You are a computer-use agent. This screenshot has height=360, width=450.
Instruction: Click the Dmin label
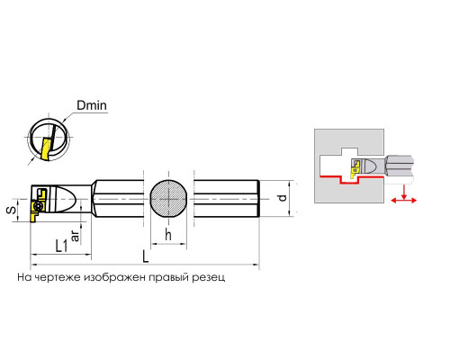point(92,105)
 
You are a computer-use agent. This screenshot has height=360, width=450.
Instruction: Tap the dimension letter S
point(12,210)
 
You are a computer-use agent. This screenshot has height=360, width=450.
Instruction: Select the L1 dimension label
point(62,246)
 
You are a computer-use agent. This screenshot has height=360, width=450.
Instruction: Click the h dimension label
point(168,235)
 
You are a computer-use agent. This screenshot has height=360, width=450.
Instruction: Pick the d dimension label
point(283,198)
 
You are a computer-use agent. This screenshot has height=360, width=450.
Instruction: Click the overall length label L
point(146,256)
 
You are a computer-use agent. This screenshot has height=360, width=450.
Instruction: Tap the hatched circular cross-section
point(169,199)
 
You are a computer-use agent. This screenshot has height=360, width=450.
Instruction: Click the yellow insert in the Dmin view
point(46,149)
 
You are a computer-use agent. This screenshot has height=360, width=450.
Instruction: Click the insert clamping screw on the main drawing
point(39,206)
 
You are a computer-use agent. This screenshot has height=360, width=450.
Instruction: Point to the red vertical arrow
point(404,192)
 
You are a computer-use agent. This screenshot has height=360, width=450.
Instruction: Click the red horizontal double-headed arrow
point(404,201)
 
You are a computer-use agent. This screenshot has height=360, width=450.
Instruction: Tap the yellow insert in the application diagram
point(355,167)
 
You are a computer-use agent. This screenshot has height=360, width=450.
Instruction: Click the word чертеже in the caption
point(58,277)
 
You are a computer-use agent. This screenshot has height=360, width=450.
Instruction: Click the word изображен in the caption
point(115,277)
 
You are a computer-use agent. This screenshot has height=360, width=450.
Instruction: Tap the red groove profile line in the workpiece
point(352,179)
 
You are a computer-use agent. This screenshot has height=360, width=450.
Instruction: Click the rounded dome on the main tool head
point(67,199)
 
